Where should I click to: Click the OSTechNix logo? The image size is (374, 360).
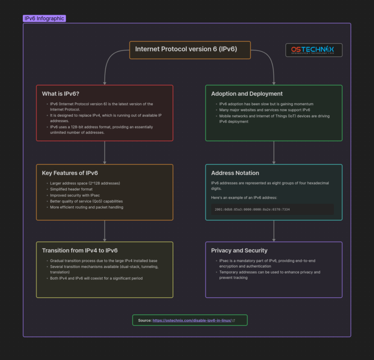pos(314,50)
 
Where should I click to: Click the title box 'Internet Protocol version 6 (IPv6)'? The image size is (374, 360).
pos(190,49)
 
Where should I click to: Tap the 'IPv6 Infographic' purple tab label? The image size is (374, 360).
pos(44,18)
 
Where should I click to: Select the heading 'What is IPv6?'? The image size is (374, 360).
pos(60,93)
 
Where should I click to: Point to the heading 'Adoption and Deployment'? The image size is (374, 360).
pos(247,93)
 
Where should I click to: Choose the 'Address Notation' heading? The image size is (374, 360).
pos(235,173)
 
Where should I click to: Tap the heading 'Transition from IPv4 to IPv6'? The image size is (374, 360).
pos(80,251)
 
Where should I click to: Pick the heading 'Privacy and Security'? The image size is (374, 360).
pos(239,251)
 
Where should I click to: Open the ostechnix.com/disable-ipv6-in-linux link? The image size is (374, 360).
pos(191,321)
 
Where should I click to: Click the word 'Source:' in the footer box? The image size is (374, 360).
pos(145,321)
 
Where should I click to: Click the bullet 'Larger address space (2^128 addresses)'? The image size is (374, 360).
pos(85,183)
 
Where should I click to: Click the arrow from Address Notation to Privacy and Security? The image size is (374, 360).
pos(274,231)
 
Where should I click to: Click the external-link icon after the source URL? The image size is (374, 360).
pos(234,321)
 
